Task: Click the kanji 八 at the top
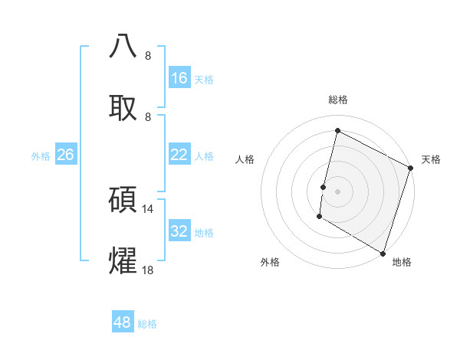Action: point(123,46)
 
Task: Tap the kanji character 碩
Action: point(123,199)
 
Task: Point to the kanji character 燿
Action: point(123,260)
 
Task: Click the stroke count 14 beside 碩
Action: point(148,208)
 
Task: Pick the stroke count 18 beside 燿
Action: point(148,270)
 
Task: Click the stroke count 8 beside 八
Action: point(148,55)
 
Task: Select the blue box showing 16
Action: point(179,78)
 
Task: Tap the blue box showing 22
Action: point(179,155)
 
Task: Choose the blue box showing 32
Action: point(179,231)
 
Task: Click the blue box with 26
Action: point(66,155)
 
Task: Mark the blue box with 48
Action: point(123,322)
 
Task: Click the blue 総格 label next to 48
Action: point(147,324)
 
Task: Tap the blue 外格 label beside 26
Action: point(41,156)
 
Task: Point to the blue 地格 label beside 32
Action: point(204,233)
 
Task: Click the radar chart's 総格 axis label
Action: point(338,100)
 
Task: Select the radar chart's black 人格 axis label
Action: point(245,159)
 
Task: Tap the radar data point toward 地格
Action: point(383,253)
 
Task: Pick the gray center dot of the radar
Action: point(337,191)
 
